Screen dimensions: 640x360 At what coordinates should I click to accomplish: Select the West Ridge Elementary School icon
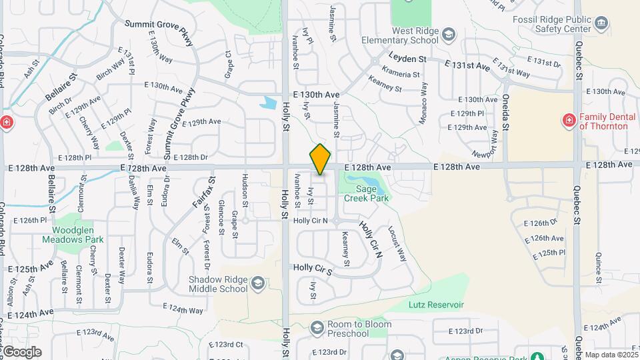[x=449, y=34]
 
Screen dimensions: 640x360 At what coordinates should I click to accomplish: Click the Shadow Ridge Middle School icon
[x=257, y=285]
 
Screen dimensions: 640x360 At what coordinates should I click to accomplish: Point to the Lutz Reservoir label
[x=436, y=305]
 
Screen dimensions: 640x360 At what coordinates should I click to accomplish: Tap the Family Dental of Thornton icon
[x=569, y=120]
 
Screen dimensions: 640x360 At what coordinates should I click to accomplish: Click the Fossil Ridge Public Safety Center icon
[x=601, y=25]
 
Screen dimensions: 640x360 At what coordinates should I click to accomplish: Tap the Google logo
[x=21, y=352]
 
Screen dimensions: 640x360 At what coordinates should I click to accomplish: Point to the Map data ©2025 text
[x=611, y=355]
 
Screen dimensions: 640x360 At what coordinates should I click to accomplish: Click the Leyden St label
[x=407, y=59]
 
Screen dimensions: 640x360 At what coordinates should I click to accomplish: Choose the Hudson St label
[x=245, y=190]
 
